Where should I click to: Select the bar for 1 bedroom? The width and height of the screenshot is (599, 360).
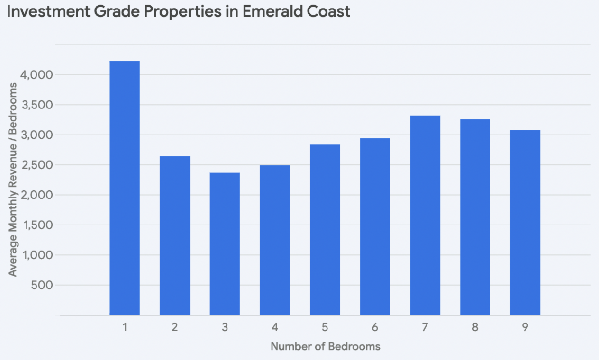125,188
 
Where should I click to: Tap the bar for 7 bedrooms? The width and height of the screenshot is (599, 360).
425,215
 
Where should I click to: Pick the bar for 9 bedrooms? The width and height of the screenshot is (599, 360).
525,222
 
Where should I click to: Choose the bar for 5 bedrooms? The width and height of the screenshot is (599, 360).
325,229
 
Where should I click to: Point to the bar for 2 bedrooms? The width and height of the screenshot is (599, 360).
175,235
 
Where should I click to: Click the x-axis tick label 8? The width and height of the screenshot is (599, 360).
475,327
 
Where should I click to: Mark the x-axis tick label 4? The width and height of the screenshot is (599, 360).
275,327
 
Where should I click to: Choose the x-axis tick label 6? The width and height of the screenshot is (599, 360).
375,327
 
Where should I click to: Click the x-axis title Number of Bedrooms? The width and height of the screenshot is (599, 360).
325,346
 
